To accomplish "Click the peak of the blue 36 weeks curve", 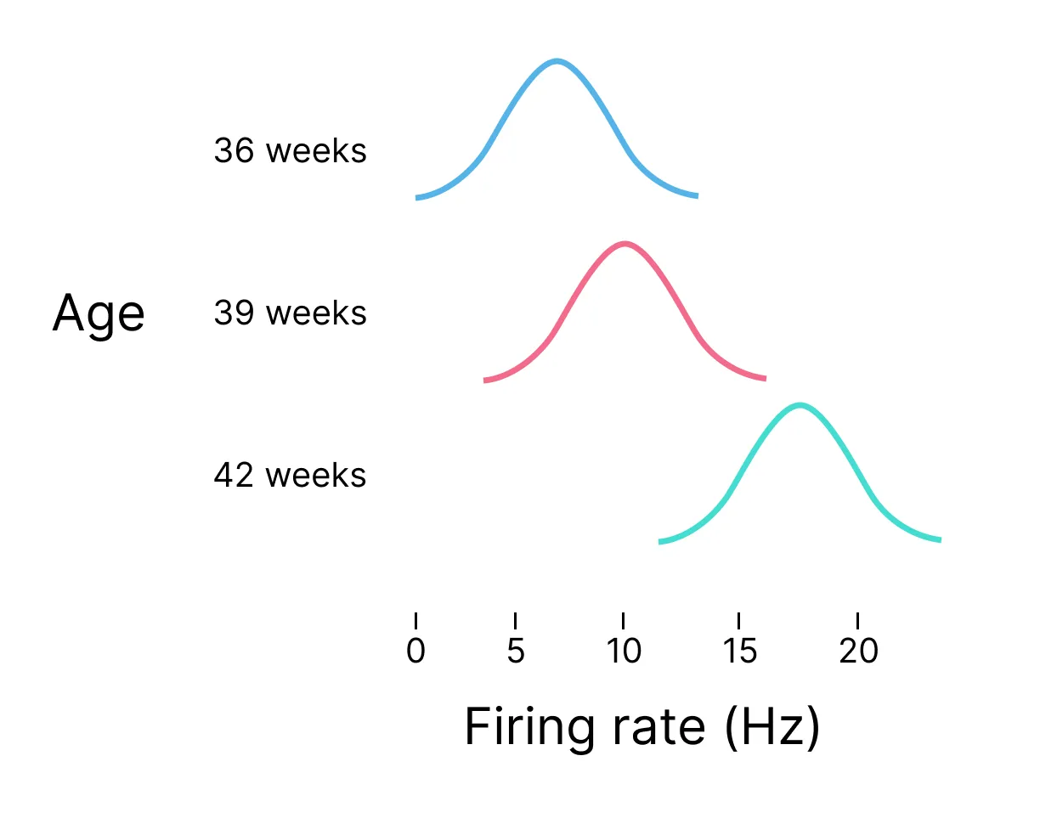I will click(x=557, y=61).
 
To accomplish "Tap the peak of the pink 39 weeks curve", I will click(x=625, y=245).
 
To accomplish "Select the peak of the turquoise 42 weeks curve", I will click(x=800, y=404).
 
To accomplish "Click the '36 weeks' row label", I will click(x=290, y=151).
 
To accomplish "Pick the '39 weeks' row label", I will click(x=290, y=313).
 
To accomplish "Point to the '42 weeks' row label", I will click(x=290, y=475).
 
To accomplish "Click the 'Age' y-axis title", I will click(x=99, y=314).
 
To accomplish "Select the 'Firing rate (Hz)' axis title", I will click(x=642, y=728).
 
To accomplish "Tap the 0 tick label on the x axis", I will click(x=415, y=651).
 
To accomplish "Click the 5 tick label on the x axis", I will click(x=516, y=651).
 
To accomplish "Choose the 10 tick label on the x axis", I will click(x=623, y=651).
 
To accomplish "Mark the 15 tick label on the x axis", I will click(x=739, y=651).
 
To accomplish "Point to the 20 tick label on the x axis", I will click(x=858, y=651).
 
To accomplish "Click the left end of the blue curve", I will click(x=417, y=198).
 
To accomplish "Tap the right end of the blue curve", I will click(x=697, y=196).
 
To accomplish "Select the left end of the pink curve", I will click(x=485, y=381).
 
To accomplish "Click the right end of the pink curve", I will click(x=765, y=378).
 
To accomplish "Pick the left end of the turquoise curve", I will click(x=660, y=541).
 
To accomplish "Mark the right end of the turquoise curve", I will click(x=940, y=539).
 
